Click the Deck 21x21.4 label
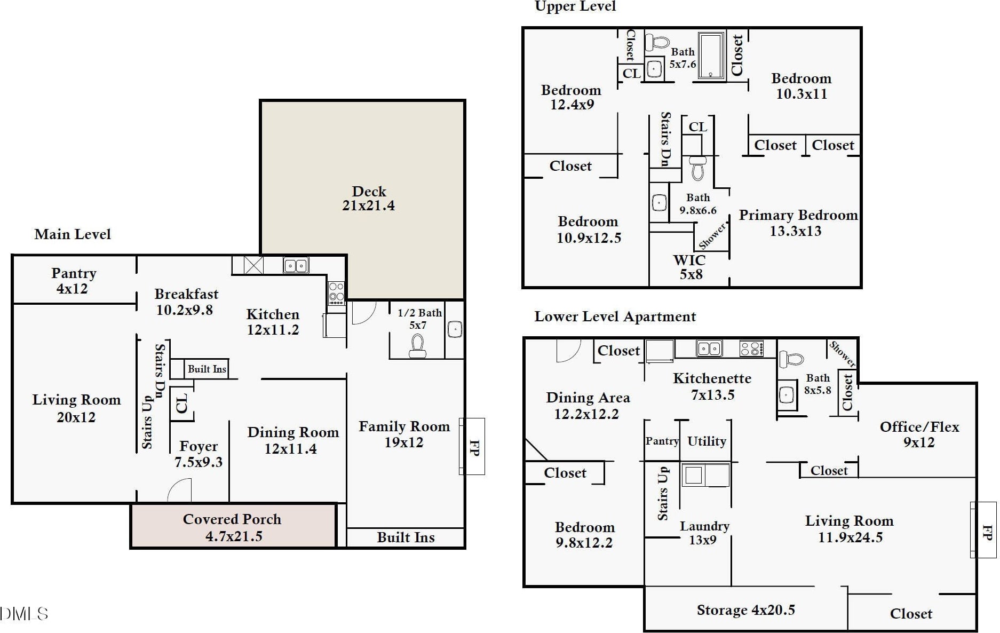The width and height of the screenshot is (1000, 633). pyautogui.click(x=368, y=199)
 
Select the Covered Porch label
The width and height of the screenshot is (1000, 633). pyautogui.click(x=233, y=527)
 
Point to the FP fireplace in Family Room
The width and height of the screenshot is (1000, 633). pyautogui.click(x=473, y=447)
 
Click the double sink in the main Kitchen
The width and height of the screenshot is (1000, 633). pyautogui.click(x=296, y=265)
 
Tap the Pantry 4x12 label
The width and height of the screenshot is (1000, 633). pyautogui.click(x=73, y=281)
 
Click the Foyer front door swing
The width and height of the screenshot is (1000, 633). pyautogui.click(x=180, y=490)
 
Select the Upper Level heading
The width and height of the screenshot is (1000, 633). pyautogui.click(x=575, y=6)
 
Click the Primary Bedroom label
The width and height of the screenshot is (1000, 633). pyautogui.click(x=798, y=223)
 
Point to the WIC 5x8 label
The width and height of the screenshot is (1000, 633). pyautogui.click(x=690, y=267)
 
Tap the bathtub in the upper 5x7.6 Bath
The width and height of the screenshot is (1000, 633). pyautogui.click(x=711, y=56)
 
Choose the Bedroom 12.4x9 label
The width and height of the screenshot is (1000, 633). pyautogui.click(x=572, y=97)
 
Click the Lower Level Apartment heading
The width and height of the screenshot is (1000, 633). pyautogui.click(x=615, y=316)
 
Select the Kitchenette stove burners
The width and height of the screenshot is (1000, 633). pyautogui.click(x=751, y=349)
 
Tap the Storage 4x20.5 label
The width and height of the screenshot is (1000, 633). pyautogui.click(x=745, y=610)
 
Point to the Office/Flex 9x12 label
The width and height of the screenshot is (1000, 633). pyautogui.click(x=919, y=434)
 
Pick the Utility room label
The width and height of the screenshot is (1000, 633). pyautogui.click(x=707, y=441)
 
